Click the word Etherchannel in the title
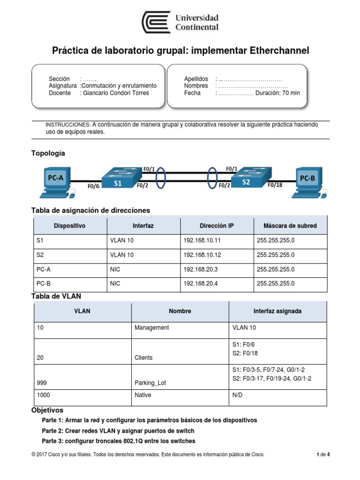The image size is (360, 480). tap(279, 51)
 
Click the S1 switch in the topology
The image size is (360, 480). tap(119, 179)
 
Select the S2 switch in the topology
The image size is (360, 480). tap(247, 178)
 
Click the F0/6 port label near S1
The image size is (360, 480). tap(93, 186)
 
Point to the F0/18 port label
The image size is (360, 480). tap(275, 185)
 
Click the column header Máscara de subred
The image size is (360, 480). tap(290, 225)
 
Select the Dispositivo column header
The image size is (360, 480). tap(69, 225)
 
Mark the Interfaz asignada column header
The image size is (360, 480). tap(277, 311)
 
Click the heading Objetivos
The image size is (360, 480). tap(47, 410)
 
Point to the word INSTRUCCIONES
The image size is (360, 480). tap(67, 125)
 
